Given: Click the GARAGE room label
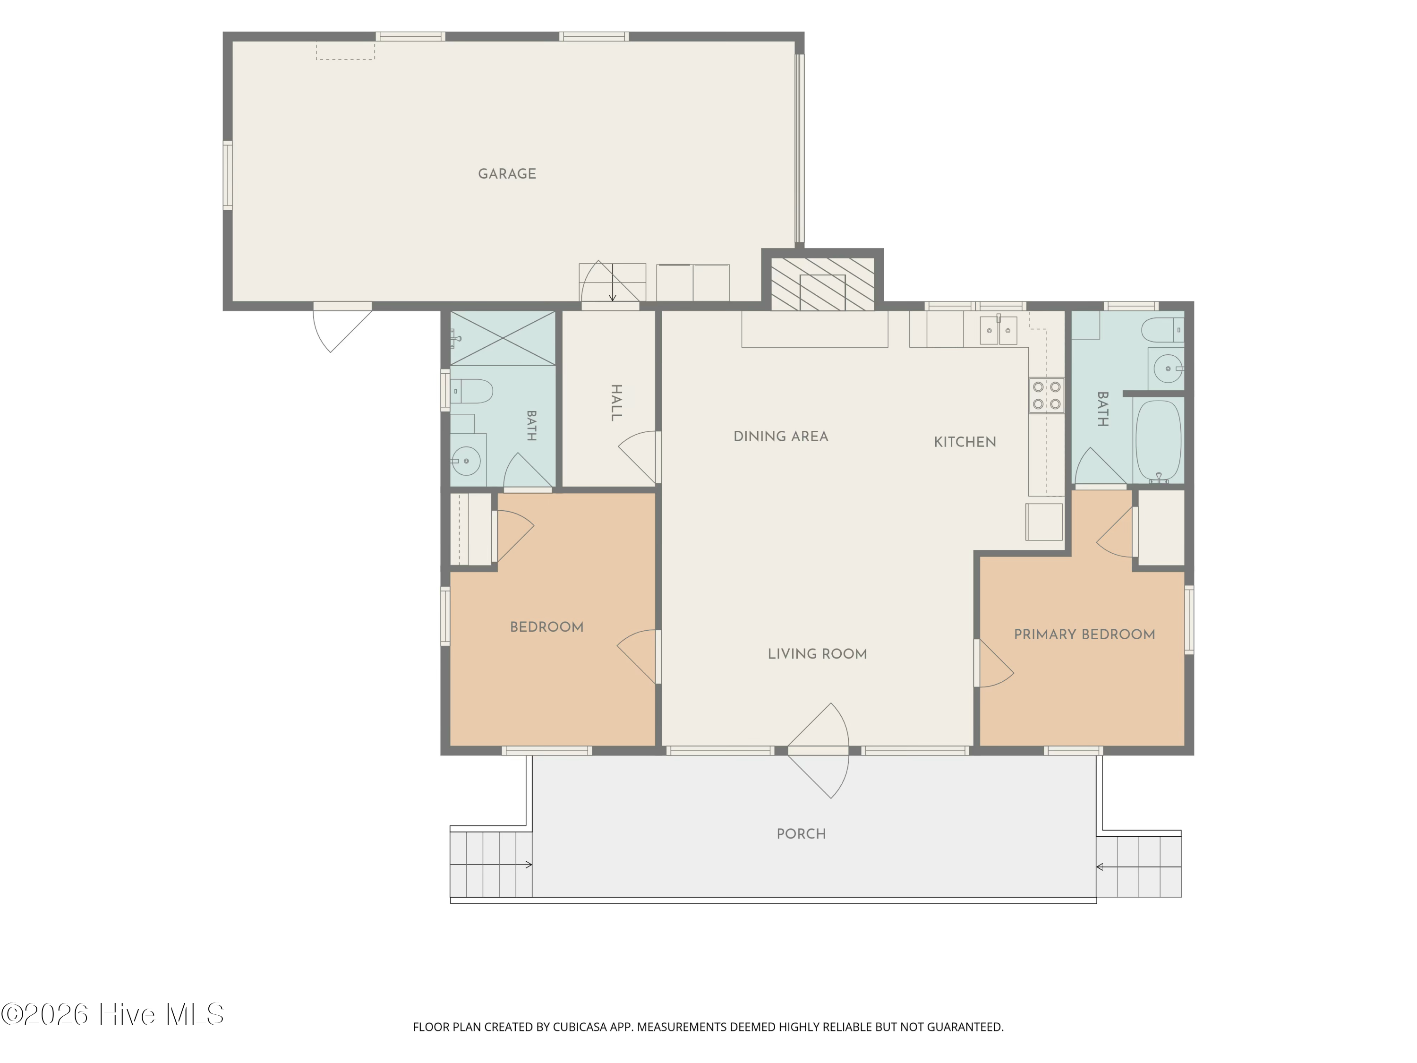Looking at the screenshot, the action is (x=507, y=174).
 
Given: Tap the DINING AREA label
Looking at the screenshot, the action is (x=781, y=437).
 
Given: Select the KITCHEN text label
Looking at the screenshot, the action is (x=965, y=442).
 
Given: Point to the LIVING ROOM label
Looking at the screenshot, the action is (x=818, y=654).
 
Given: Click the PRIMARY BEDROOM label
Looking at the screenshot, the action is (x=1084, y=634).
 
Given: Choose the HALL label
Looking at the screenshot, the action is (x=616, y=403).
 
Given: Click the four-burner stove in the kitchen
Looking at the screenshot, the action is (x=1046, y=396).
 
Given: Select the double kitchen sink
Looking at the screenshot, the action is (x=998, y=330).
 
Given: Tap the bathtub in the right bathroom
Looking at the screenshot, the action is (x=1158, y=441).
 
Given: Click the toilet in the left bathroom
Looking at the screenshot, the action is (x=471, y=391).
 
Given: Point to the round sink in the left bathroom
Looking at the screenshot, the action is (x=466, y=461).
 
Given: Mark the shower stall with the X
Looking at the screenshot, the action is (x=503, y=338).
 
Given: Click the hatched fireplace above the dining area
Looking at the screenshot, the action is (x=822, y=284).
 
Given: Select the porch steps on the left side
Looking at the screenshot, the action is (x=491, y=865).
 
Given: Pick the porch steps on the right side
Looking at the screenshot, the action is (x=1139, y=867).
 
